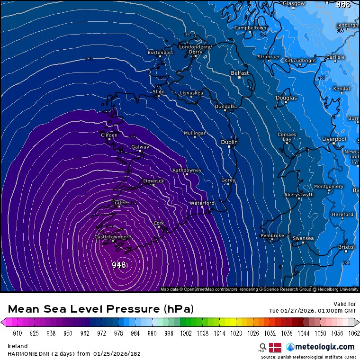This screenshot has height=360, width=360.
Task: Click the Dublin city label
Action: (x=229, y=142)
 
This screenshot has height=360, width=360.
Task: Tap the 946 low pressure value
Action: (x=119, y=265)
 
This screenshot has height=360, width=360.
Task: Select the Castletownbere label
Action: (x=113, y=236)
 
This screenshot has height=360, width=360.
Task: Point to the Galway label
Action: (x=140, y=147)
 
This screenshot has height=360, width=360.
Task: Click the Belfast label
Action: (x=240, y=73)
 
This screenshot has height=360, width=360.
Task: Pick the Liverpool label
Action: (x=334, y=139)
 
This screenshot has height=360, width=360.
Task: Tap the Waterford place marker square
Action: (x=202, y=207)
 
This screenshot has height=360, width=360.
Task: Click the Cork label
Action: (x=159, y=223)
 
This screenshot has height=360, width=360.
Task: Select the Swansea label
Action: (x=303, y=238)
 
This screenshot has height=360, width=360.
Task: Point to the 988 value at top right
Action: (x=343, y=5)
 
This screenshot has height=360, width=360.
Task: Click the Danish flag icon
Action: (x=275, y=347)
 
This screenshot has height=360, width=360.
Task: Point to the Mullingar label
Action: (x=195, y=133)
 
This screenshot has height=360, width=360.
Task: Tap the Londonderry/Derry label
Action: (x=195, y=49)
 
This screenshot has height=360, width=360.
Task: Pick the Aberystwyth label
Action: (x=299, y=195)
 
